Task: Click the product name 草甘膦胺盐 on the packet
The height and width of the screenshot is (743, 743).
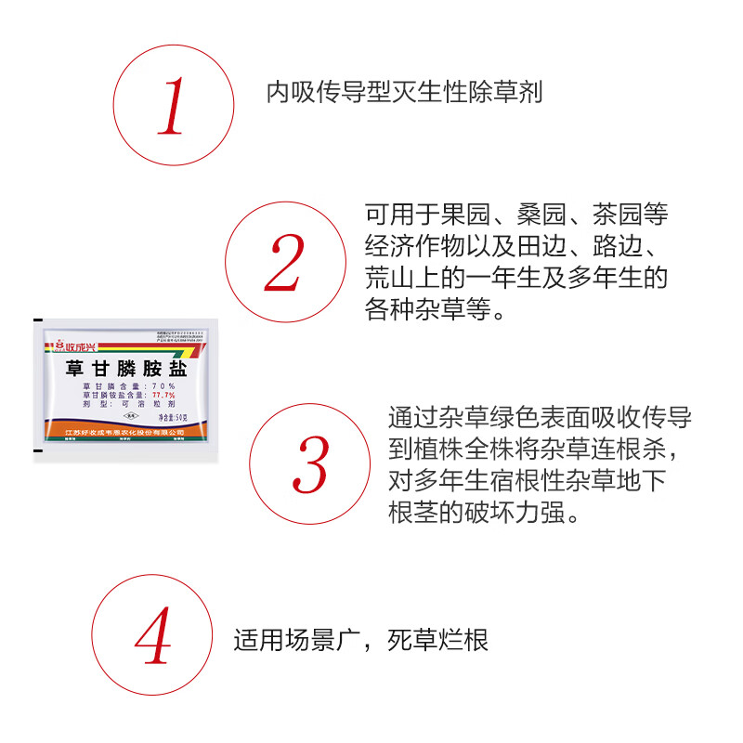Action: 126,369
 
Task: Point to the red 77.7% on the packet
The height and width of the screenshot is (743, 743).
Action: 164,396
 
